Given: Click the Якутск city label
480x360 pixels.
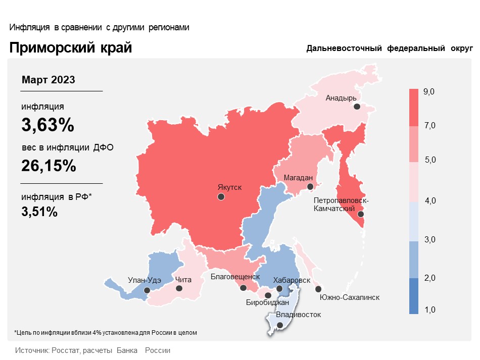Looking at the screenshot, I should point(229,187).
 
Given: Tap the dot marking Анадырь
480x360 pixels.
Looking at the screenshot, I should point(357,107).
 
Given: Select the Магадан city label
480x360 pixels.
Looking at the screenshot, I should point(299,178).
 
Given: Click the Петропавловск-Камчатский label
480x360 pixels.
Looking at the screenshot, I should point(341,204).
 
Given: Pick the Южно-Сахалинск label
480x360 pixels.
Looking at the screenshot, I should point(350,297).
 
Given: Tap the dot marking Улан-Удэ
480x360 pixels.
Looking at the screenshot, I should point(147,290).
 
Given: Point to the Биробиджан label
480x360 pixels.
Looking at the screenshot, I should point(267,303).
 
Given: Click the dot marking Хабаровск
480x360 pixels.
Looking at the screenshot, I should point(279,289).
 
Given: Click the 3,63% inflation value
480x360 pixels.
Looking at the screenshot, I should point(48,125).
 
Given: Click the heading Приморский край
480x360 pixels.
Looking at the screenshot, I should point(70,48).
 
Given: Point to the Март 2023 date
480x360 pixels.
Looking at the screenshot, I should point(49,80).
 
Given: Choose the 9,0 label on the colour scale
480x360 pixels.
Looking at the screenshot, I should point(429,91).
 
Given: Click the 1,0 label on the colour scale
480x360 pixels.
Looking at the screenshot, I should point(429,310).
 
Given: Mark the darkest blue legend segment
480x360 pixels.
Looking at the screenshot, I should point(414,296).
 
